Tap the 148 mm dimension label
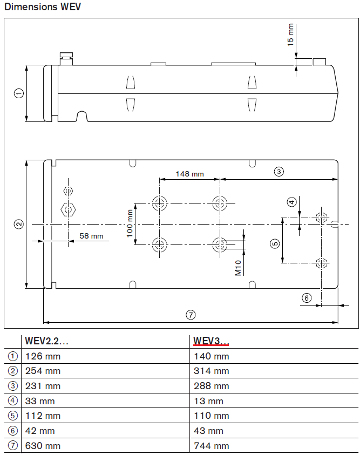coord(190,174)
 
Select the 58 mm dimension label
coord(91,236)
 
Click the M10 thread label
coord(238,268)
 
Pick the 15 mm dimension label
coord(290,34)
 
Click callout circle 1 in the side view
coord(18,93)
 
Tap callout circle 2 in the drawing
coord(18,223)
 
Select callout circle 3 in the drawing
coord(279,172)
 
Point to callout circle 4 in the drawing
coord(292,202)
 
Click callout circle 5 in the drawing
coord(275,243)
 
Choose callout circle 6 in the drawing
coord(307,297)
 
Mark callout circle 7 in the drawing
coord(190,314)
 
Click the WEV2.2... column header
coord(46,341)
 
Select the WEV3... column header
coord(211,341)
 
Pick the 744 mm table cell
coord(211,446)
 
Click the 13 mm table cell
coord(208,401)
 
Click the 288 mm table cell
coord(211,386)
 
